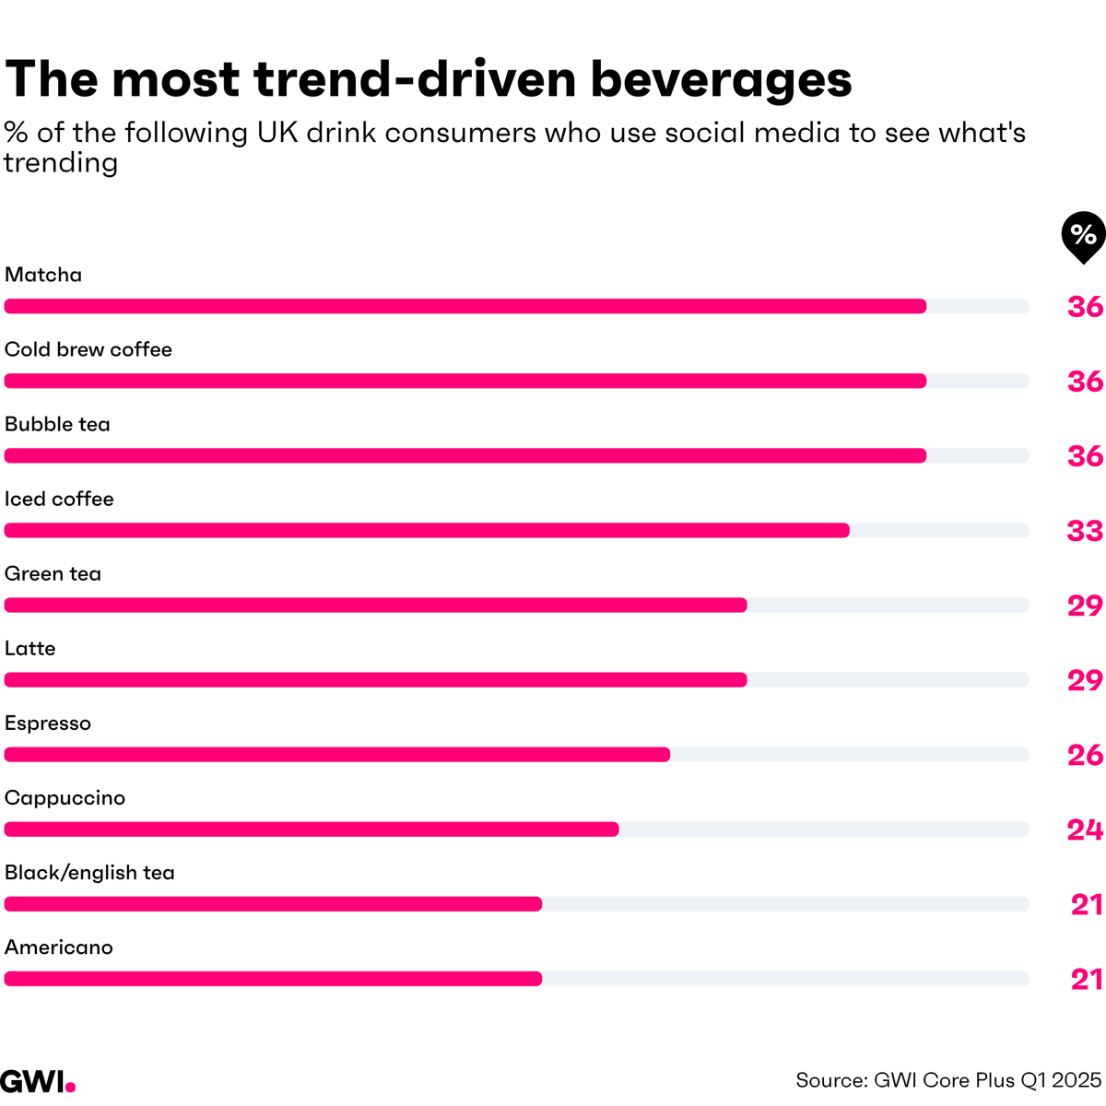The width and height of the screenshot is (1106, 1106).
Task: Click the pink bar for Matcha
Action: (465, 306)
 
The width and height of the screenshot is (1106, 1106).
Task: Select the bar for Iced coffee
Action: (427, 530)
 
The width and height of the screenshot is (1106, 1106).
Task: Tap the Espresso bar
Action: (337, 755)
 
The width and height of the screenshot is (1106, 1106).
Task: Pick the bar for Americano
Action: (273, 979)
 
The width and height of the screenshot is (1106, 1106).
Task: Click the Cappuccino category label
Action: (65, 798)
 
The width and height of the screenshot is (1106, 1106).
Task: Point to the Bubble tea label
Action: (57, 424)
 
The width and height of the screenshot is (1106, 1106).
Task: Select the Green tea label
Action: (53, 573)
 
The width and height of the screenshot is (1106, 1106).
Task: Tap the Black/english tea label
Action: (89, 873)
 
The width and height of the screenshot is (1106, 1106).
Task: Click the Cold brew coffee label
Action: (88, 349)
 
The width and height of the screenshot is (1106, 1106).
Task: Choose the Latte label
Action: (30, 648)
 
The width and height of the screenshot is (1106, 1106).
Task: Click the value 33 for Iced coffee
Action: (1085, 531)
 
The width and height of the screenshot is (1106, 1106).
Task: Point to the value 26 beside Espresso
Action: (1085, 755)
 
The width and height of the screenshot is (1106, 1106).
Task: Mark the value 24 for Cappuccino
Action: (1085, 829)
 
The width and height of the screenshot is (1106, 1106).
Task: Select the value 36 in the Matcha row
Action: (1085, 307)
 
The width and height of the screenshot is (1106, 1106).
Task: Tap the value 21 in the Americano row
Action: (1087, 979)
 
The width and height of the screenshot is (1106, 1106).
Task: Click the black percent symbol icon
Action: (1083, 236)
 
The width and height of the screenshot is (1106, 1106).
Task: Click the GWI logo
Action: (38, 1080)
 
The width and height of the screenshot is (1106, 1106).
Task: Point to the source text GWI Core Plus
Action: (948, 1080)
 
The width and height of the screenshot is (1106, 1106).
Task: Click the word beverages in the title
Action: (721, 79)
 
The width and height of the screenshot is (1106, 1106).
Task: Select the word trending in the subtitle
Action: (61, 163)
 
